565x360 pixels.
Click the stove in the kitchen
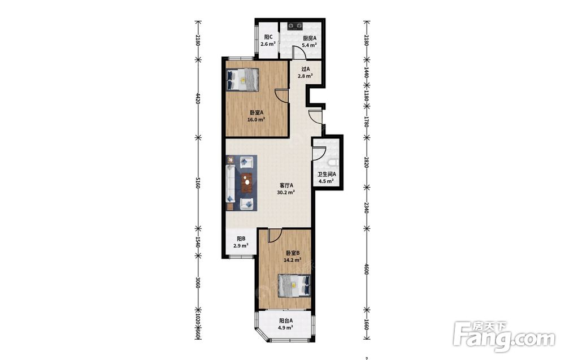pos(295,26)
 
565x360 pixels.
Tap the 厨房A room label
pos(309,38)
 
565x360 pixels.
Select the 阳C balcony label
pos(268,37)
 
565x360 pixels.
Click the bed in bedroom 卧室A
pos(242,80)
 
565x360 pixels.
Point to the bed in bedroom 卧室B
pos(294,286)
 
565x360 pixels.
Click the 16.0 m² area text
pos(256,120)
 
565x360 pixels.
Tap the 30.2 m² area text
pos(286,192)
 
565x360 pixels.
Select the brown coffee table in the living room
pos(246,183)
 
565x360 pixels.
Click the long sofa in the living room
pos(231,184)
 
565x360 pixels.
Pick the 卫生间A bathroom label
pos(327,174)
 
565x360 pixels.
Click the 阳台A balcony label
pos(286,320)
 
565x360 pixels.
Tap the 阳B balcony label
pos(241,238)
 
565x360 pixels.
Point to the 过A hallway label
pos(305,69)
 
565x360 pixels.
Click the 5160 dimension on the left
pos(197,183)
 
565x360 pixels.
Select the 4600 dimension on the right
pos(366,269)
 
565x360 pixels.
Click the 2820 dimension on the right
pos(366,162)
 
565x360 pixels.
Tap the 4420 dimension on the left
pos(197,98)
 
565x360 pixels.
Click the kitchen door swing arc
pos(300,51)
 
